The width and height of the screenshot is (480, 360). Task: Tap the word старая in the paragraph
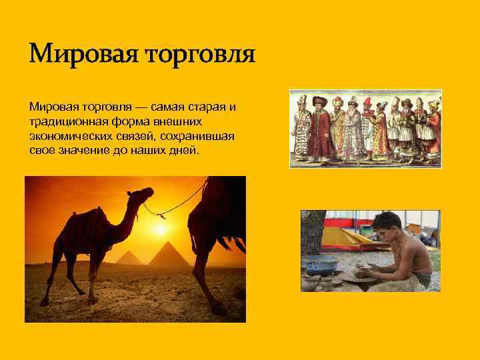pyautogui.click(x=209, y=107)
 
